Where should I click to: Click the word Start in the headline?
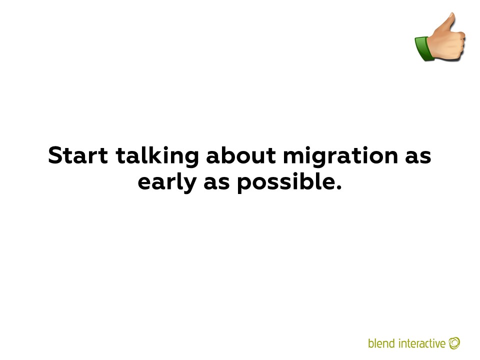pyautogui.click(x=78, y=155)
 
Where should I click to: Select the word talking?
pyautogui.click(x=157, y=156)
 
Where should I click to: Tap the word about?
pyautogui.click(x=241, y=155)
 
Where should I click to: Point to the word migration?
pyautogui.click(x=340, y=156)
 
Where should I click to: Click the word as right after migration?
pyautogui.click(x=418, y=157)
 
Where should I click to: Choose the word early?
pyautogui.click(x=167, y=183)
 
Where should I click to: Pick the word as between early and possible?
pyautogui.click(x=216, y=183)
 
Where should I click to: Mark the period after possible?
pyautogui.click(x=338, y=187)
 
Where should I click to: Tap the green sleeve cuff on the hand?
pyautogui.click(x=424, y=49)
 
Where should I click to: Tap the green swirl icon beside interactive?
pyautogui.click(x=454, y=343)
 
